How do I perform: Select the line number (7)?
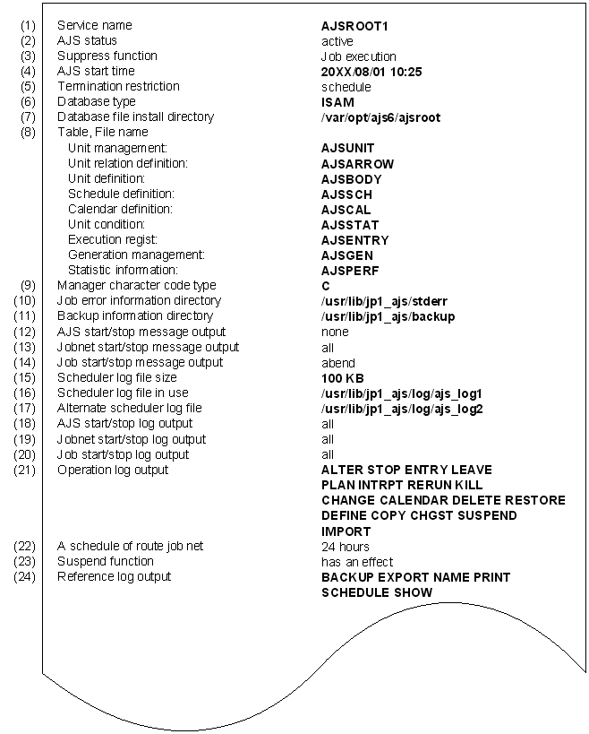tap(26, 117)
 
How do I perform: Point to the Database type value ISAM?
tap(337, 102)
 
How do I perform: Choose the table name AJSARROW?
tap(357, 164)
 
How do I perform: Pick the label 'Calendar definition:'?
tap(120, 209)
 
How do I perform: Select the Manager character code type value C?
tap(326, 286)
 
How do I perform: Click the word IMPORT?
tap(346, 531)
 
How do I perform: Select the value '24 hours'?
tap(346, 547)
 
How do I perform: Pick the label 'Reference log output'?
tap(114, 576)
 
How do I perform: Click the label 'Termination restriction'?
tap(118, 86)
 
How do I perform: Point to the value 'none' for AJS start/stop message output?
tap(335, 332)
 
